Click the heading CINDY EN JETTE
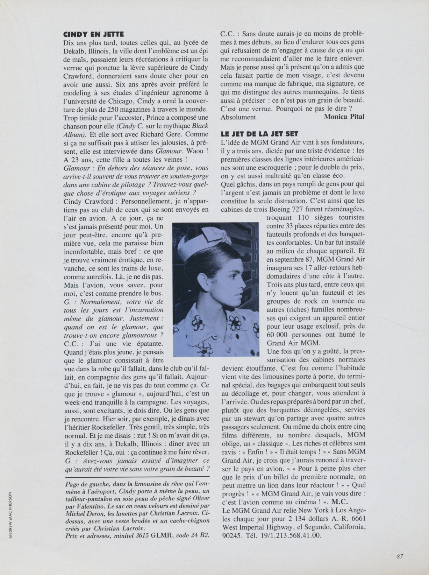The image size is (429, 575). [93, 34]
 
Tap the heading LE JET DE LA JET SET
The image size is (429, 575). [259, 134]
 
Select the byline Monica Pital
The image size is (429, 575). [344, 117]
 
